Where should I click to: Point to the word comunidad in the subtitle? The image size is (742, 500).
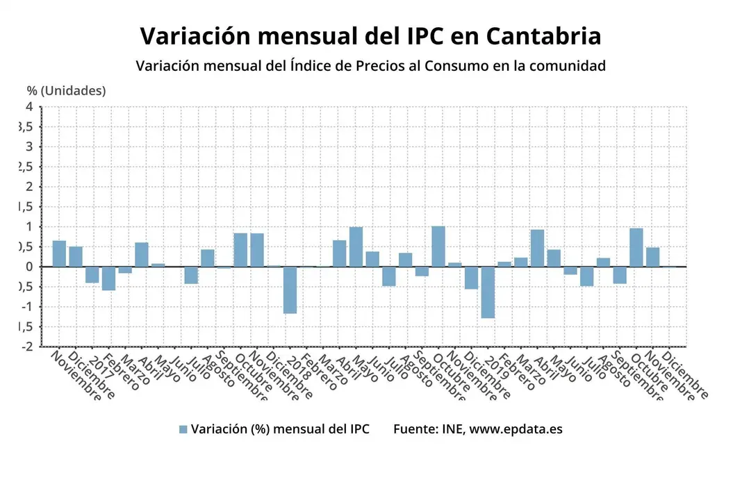coord(567,66)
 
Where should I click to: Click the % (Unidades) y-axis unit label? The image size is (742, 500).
coord(67,90)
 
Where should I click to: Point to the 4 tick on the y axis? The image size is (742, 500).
coord(29,106)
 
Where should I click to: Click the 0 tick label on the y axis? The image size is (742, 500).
coord(29,267)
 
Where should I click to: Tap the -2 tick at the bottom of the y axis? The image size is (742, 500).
coord(26,347)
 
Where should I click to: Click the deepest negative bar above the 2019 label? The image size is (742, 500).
coord(488,292)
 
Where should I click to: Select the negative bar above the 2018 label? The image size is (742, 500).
coord(290,290)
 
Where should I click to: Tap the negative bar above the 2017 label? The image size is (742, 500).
coord(92,274)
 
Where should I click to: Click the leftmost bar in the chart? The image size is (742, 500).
coord(59,253)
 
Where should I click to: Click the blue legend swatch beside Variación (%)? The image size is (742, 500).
coord(183,429)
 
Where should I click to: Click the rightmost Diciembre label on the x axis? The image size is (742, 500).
coord(688,376)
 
